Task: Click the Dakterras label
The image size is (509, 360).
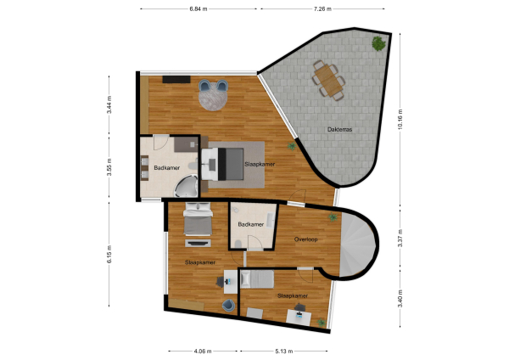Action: pos(340,129)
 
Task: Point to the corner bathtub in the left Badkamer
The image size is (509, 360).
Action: pos(191,183)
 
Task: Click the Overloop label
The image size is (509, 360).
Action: pos(305,239)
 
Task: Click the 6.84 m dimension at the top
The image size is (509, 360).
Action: pos(200,8)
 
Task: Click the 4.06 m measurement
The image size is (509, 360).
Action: pos(203,350)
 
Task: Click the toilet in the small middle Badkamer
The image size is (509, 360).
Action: pos(240,245)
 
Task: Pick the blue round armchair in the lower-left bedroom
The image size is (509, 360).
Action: pos(228,305)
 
